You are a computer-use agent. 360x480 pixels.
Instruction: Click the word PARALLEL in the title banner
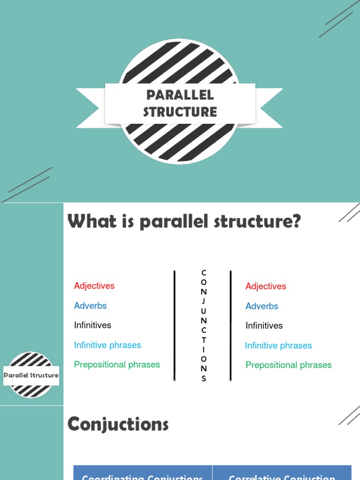tap(180, 95)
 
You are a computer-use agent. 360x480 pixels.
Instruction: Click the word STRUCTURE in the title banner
tap(180, 112)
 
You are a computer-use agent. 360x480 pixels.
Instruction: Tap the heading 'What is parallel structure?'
tap(184, 221)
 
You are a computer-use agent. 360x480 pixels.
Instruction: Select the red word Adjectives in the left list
tap(94, 286)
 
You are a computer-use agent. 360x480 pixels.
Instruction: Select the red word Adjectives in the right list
tap(266, 286)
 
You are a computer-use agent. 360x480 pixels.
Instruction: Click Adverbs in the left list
tap(90, 306)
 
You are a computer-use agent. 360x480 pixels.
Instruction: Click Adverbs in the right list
tap(262, 306)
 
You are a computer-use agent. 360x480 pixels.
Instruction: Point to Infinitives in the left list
tap(93, 325)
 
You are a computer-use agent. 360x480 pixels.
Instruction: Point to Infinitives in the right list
tap(264, 326)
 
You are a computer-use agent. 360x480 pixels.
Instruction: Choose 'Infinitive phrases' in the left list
tap(107, 345)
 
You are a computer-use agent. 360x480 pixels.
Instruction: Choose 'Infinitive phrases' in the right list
tap(278, 345)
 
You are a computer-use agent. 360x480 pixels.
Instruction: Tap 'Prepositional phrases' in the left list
tap(117, 365)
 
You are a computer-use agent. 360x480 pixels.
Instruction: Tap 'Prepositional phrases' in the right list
tap(289, 365)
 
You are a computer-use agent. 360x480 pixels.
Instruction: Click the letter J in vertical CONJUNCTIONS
tap(203, 301)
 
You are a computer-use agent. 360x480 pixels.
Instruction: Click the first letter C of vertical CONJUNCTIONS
tap(203, 272)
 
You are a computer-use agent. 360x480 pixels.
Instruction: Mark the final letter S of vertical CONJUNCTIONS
tap(203, 379)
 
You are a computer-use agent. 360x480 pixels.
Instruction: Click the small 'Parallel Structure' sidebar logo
tap(31, 375)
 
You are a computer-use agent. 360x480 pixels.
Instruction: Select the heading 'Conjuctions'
tap(118, 425)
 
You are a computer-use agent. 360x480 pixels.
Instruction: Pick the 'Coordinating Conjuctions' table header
tap(142, 476)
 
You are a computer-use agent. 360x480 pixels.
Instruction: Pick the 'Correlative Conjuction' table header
tap(282, 476)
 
